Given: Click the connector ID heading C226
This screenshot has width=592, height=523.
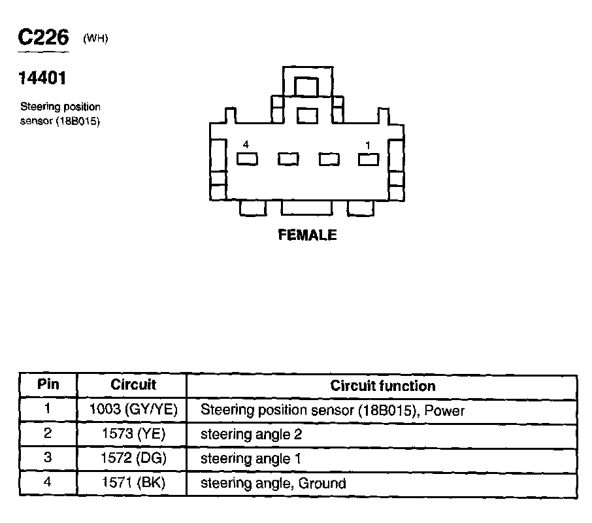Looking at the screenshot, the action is [x=43, y=38].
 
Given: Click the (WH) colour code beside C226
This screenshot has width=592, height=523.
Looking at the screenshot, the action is [x=95, y=39].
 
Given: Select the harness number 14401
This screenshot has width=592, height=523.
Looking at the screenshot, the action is [x=42, y=78].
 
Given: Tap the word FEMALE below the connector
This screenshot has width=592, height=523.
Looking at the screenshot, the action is [x=307, y=235].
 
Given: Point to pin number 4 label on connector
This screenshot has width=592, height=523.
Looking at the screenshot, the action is [x=246, y=144].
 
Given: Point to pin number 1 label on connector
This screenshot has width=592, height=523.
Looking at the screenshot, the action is [x=368, y=144].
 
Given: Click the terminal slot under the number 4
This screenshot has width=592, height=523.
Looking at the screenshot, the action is [x=247, y=159].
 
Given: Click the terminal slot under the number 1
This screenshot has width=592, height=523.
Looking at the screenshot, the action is [x=369, y=159].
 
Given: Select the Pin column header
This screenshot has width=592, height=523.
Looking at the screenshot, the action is [x=48, y=385].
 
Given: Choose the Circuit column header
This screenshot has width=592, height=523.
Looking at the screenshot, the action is [x=133, y=385].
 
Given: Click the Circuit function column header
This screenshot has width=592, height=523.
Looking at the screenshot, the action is [x=382, y=386].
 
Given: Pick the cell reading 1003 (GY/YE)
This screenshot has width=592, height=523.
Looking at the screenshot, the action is [x=133, y=411].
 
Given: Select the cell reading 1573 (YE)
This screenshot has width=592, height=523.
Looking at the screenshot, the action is [x=133, y=434].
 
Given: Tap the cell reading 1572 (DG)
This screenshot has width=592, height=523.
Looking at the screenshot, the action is [x=133, y=459].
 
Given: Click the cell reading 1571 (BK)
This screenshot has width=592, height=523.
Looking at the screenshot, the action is [x=133, y=484].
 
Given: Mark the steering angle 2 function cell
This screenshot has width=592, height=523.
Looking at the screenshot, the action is [x=251, y=434].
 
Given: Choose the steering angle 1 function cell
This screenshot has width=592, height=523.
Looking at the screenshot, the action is [x=251, y=459].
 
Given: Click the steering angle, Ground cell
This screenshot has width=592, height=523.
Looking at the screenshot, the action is [x=272, y=484].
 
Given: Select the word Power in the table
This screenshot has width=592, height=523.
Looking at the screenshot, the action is [x=444, y=411].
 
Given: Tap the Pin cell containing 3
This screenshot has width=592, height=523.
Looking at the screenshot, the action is [x=48, y=459].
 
